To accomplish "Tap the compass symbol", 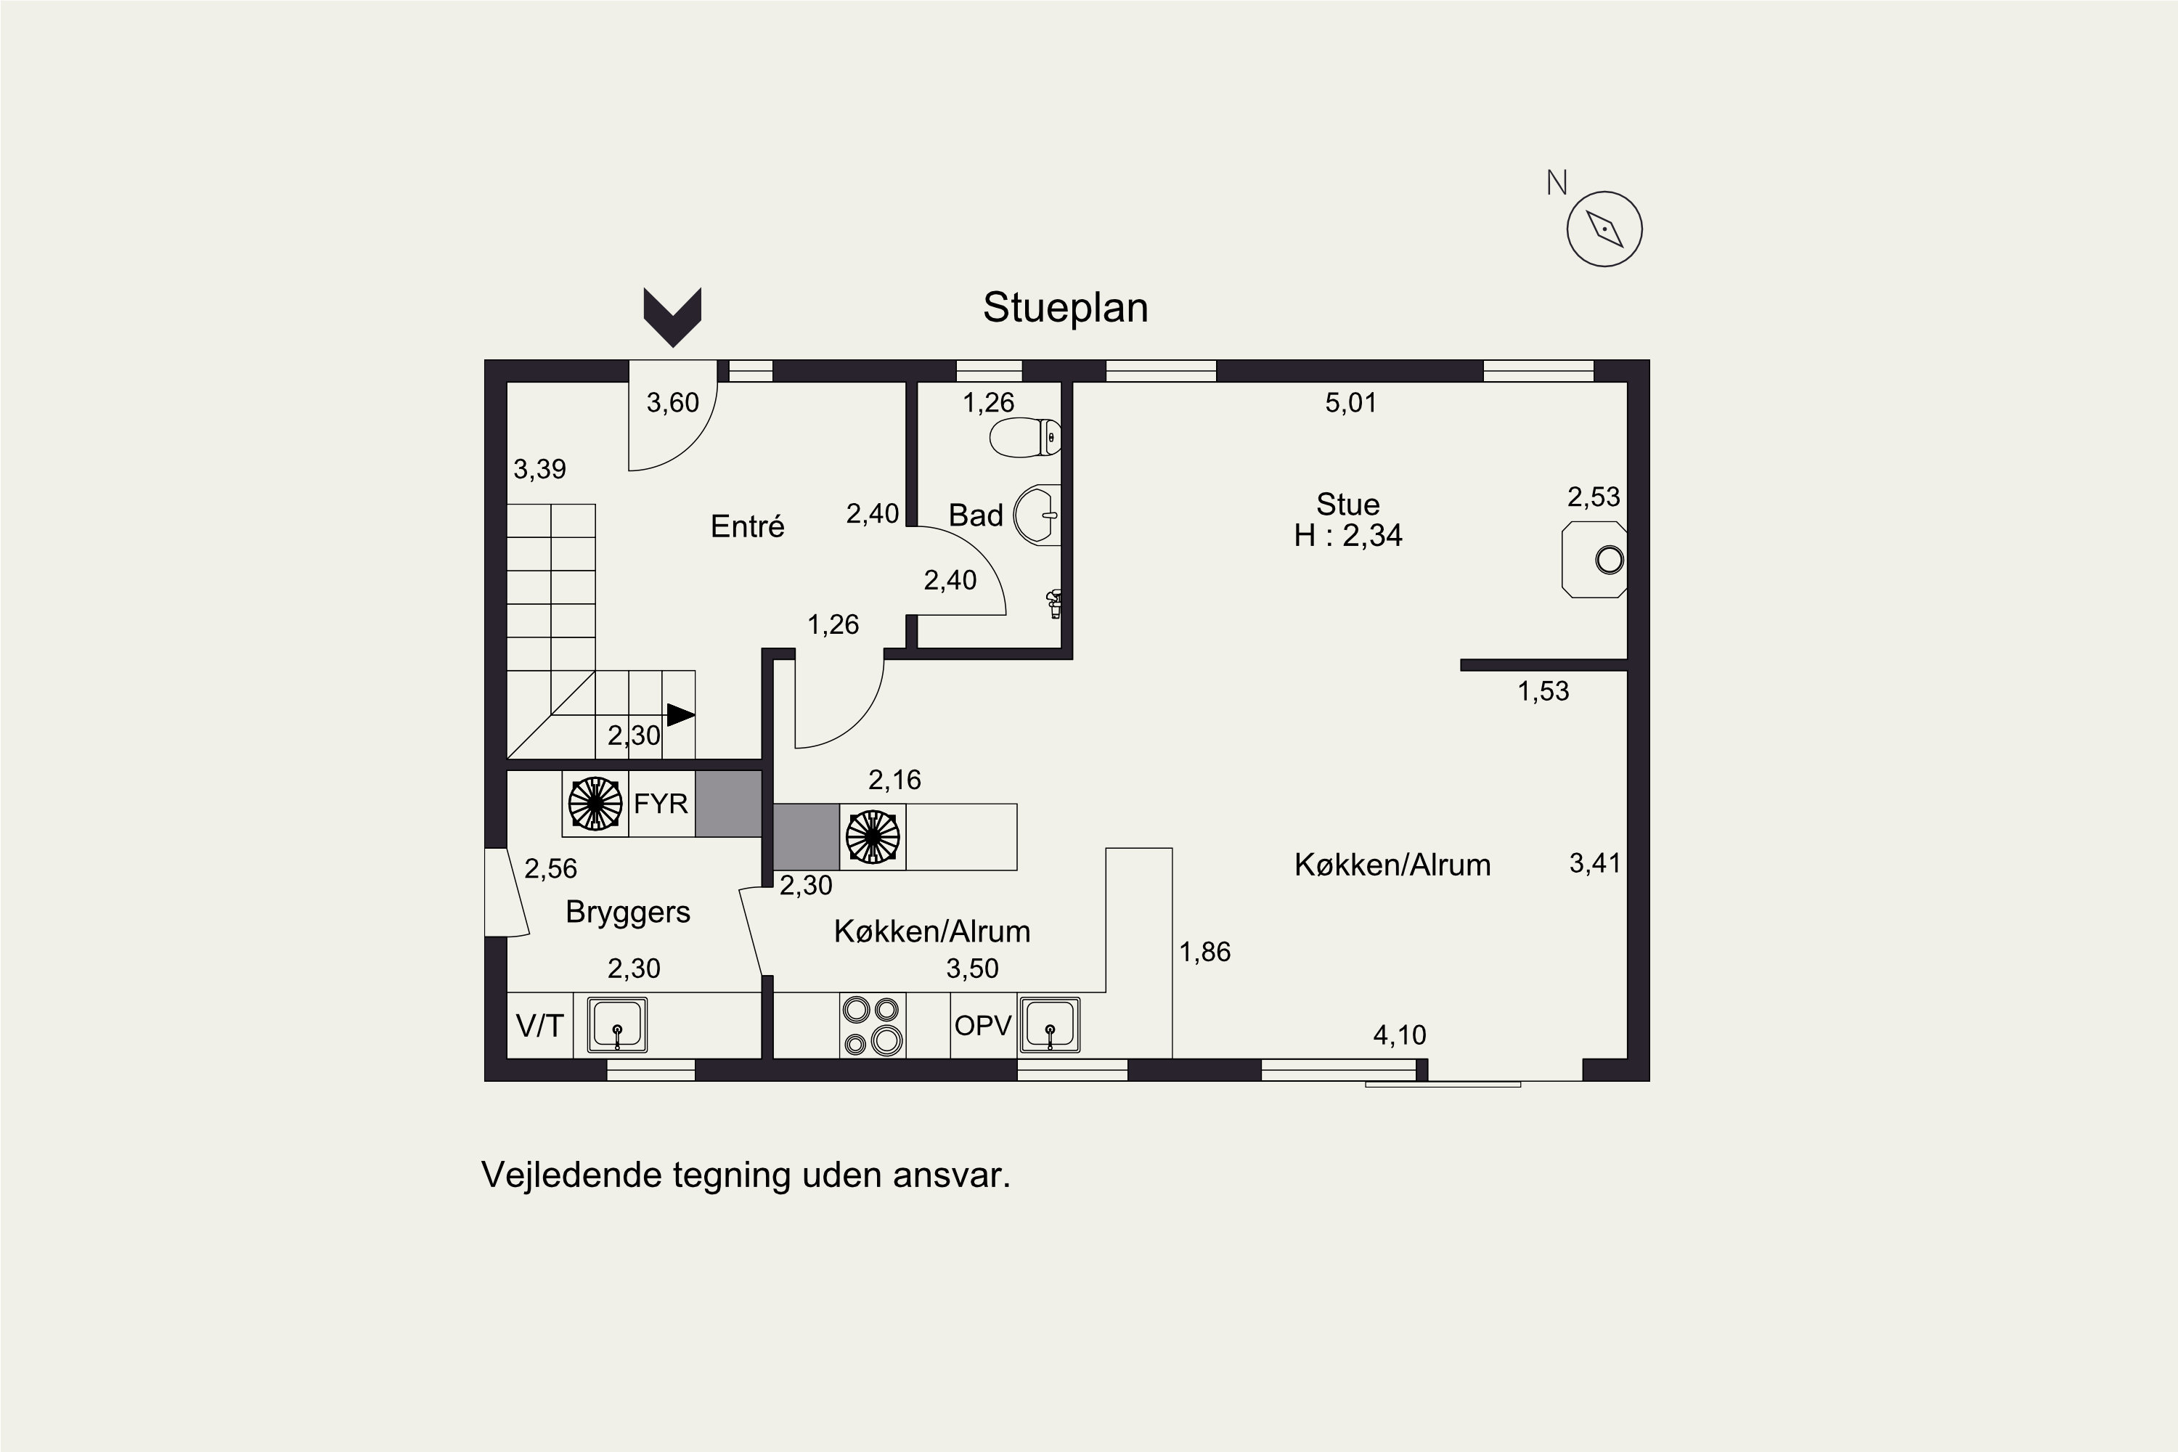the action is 1604,229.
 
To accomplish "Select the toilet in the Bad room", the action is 1025,437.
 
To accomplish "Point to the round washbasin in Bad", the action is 1037,515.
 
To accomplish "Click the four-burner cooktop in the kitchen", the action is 873,1025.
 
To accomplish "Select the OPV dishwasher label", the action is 982,1026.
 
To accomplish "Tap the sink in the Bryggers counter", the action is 618,1025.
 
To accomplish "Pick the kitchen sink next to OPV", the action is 1050,1025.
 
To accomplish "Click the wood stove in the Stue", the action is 1594,559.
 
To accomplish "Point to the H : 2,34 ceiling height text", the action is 1347,535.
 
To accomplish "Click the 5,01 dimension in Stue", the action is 1351,403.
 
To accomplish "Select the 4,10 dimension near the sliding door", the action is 1399,1035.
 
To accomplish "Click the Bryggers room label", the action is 628,912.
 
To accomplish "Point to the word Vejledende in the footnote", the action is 572,1175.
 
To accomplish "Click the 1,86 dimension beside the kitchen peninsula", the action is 1204,952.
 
